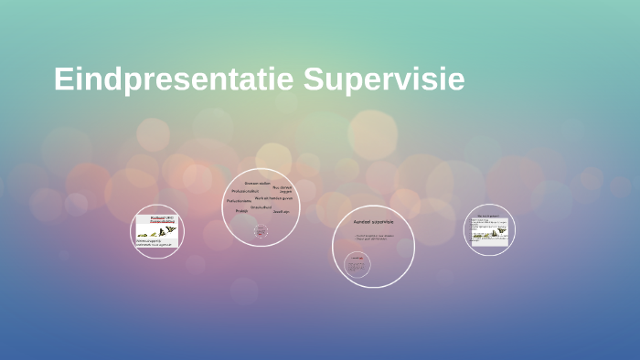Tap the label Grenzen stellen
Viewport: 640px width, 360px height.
[x=257, y=183]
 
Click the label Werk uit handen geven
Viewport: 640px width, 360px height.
[x=273, y=197]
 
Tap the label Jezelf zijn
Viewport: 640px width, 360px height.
[x=282, y=211]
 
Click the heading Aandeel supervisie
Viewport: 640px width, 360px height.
[x=373, y=222]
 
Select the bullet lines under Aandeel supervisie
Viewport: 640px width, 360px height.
[x=375, y=238]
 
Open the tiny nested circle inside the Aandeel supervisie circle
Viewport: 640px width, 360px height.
[x=357, y=265]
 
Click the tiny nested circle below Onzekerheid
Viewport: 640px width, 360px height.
[x=261, y=231]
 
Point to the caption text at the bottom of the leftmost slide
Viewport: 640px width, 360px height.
[x=156, y=243]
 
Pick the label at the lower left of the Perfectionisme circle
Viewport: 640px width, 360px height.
[x=241, y=211]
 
